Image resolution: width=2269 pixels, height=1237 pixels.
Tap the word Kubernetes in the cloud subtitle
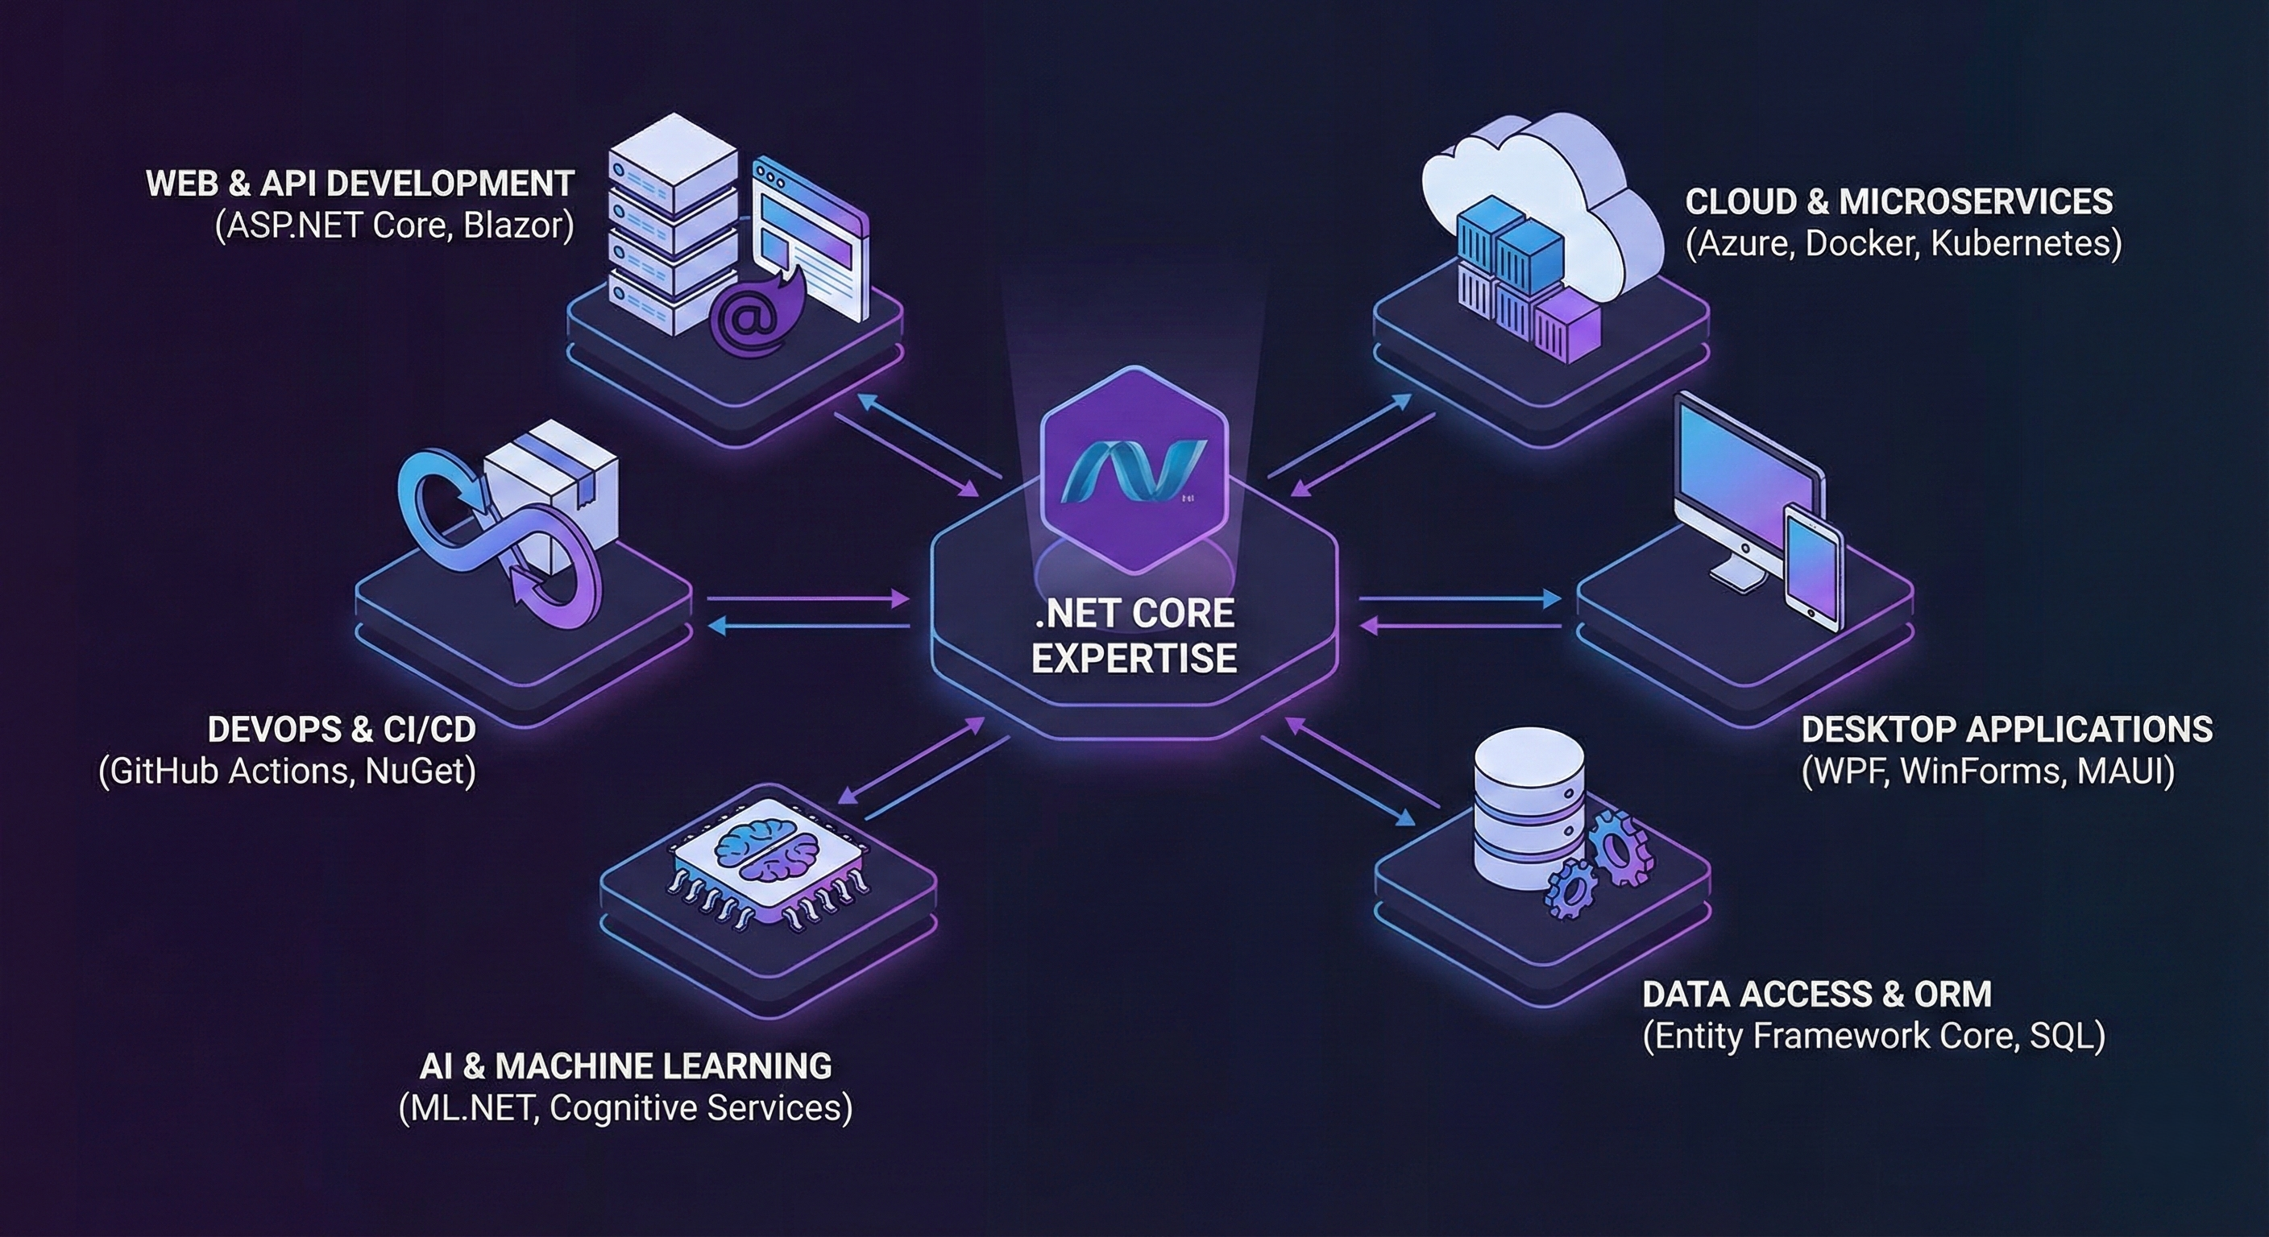click(2026, 244)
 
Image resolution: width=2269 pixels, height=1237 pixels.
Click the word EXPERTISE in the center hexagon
click(1134, 658)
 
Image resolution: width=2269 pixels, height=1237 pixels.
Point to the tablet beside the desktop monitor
click(1813, 568)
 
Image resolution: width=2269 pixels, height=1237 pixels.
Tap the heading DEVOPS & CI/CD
click(342, 729)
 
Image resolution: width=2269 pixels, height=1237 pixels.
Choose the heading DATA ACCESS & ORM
click(1816, 994)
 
